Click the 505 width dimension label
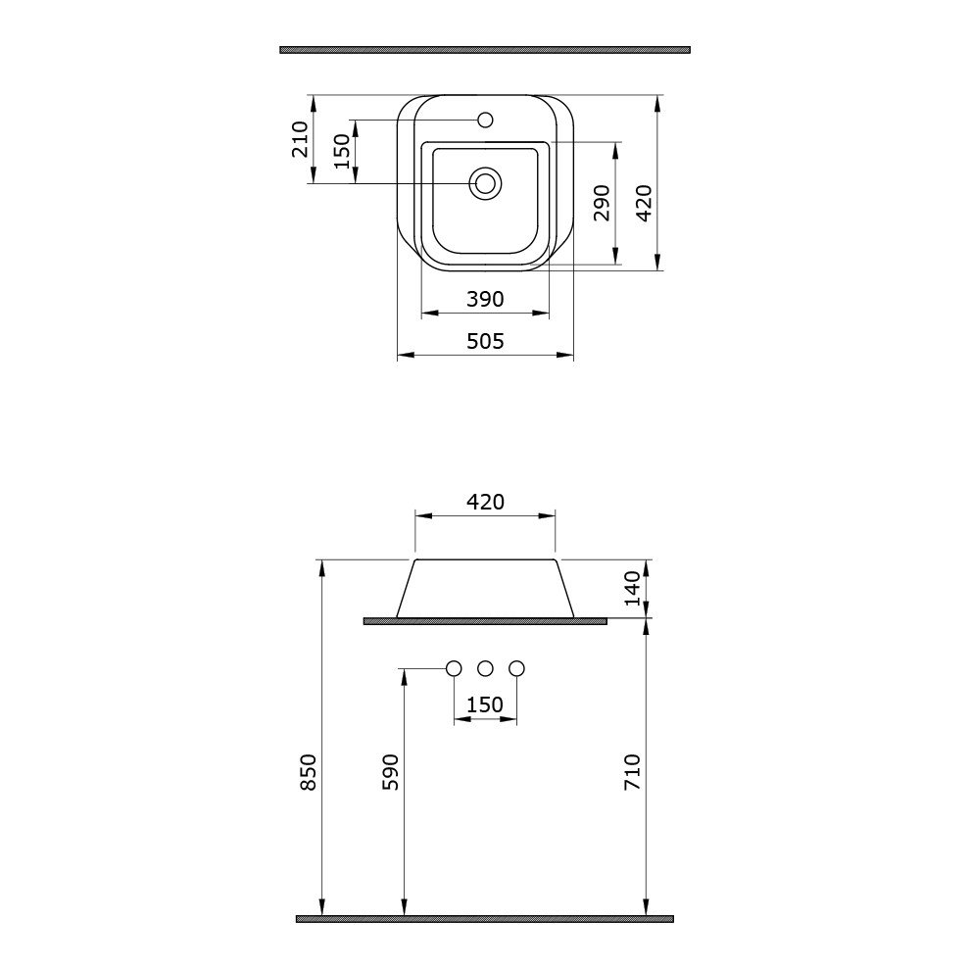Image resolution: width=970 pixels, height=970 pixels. tap(486, 341)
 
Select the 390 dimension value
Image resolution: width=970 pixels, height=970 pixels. tap(486, 300)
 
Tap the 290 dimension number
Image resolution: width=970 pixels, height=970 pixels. tap(602, 202)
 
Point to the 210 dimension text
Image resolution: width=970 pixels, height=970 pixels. tap(300, 139)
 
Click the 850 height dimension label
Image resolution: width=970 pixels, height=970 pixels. tap(308, 772)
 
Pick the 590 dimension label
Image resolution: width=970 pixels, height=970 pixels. tap(390, 772)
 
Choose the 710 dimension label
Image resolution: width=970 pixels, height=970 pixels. tap(632, 772)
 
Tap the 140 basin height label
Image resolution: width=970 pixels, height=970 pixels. tap(632, 588)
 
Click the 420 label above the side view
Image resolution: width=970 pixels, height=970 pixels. tap(486, 502)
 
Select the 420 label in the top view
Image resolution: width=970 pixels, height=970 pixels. tap(644, 203)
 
